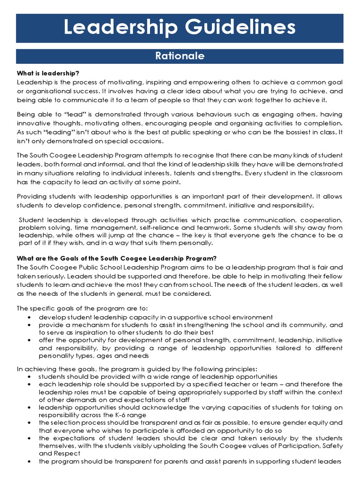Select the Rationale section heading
pyautogui.click(x=180, y=56)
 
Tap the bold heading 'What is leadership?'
pyautogui.click(x=48, y=74)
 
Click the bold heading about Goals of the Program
pyautogui.click(x=117, y=258)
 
